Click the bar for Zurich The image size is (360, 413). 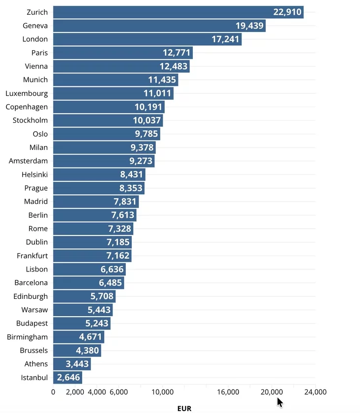pos(179,12)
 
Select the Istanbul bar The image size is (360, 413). pos(68,378)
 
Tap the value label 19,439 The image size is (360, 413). pos(249,26)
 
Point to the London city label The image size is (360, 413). pos(35,39)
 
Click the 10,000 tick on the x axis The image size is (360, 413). pos(163,392)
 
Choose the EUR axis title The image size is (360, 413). pos(184,408)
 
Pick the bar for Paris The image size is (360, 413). pos(123,53)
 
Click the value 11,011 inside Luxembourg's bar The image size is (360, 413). pos(157,93)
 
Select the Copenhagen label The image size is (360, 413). pos(27,107)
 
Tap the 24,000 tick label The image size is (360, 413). pos(315,392)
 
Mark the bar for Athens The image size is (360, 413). pos(72,364)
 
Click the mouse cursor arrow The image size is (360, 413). pos(280,403)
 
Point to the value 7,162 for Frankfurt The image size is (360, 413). pos(118,256)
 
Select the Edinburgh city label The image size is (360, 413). pos(30,296)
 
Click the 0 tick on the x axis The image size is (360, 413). pos(53,392)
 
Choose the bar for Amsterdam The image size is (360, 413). pos(104,161)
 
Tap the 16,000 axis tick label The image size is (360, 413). pos(228,392)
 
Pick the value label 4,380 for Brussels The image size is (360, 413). pos(87,350)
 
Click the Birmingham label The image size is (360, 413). pos(28,337)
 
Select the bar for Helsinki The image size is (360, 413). pos(99,175)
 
